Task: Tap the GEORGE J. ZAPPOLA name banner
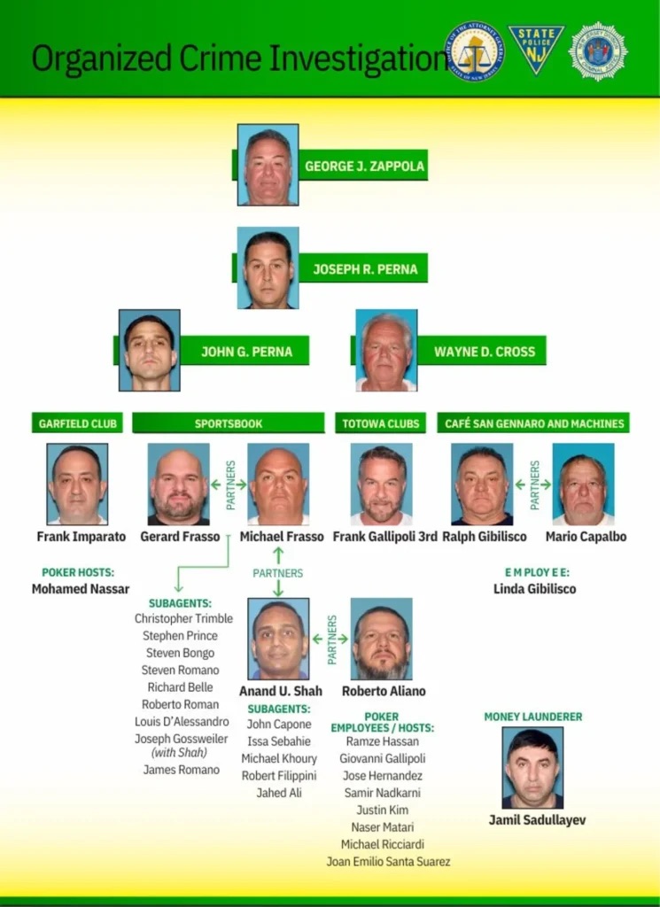[363, 166]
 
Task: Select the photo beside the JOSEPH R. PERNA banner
[268, 267]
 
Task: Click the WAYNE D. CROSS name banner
[483, 351]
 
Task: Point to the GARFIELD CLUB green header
[78, 423]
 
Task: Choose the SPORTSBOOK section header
[228, 423]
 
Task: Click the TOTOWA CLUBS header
[381, 423]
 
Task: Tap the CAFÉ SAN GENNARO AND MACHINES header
[534, 423]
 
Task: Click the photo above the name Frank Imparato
[77, 484]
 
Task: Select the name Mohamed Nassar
[81, 589]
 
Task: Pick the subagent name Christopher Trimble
[183, 618]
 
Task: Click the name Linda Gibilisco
[534, 589]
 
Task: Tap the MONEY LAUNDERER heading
[533, 716]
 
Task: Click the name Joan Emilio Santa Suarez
[388, 861]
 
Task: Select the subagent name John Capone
[279, 724]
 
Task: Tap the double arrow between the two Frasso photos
[229, 485]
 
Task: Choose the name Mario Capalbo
[586, 537]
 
